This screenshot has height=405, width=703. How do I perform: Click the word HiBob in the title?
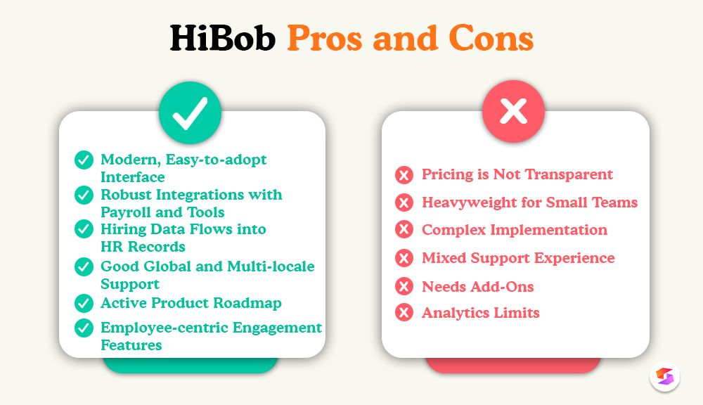(x=223, y=39)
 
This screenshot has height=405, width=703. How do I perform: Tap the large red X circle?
(x=513, y=112)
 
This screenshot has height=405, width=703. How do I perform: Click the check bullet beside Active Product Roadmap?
(x=84, y=304)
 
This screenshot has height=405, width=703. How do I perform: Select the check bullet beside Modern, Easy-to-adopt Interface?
(x=84, y=160)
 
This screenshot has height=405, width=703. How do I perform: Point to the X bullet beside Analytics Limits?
(x=404, y=313)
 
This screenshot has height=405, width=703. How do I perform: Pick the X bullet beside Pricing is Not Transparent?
(x=404, y=174)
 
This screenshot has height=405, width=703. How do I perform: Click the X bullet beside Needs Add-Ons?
(x=404, y=287)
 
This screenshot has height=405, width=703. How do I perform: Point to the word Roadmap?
(x=250, y=303)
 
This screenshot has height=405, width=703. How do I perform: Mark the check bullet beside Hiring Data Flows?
(x=84, y=229)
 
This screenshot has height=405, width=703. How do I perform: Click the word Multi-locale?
(x=271, y=266)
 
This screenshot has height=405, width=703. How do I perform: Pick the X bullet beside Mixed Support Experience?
(x=404, y=259)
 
